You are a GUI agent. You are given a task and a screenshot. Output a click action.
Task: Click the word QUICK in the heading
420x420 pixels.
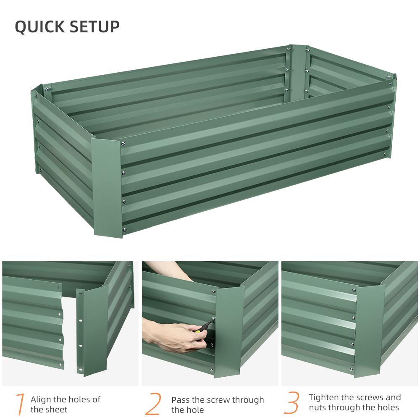click(39, 26)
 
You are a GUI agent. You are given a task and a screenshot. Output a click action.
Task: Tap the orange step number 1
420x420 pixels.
click(20, 404)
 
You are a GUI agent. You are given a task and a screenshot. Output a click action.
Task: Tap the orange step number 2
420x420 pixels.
click(153, 404)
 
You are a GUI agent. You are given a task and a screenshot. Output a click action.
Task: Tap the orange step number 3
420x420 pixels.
click(291, 403)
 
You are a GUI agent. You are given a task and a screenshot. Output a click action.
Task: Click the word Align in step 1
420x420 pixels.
click(41, 399)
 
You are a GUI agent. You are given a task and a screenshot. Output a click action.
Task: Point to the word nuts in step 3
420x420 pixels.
click(318, 407)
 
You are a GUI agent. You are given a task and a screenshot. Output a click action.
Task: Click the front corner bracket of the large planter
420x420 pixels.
click(108, 187)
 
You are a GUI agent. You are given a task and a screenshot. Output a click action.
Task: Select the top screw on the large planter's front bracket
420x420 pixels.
click(123, 144)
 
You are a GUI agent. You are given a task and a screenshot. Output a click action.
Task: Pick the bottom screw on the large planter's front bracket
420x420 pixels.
click(124, 229)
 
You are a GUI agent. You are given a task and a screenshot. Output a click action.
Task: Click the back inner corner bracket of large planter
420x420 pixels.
click(297, 71)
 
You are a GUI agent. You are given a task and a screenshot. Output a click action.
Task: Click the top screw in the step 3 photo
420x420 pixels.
click(354, 290)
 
